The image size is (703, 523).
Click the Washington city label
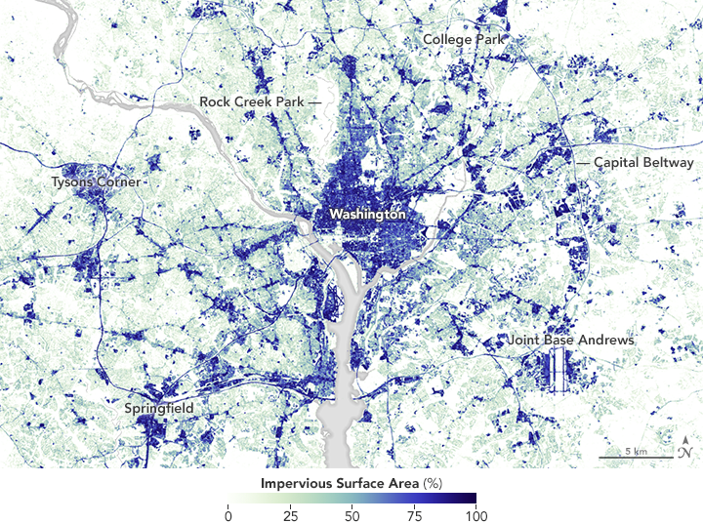[367, 213]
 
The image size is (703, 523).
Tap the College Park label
[463, 39]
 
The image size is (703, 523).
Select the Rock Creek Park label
[252, 101]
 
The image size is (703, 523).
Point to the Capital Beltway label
[643, 163]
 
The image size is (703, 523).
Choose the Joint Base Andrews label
[571, 341]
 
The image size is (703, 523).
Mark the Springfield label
[159, 407]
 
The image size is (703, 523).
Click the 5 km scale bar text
[636, 451]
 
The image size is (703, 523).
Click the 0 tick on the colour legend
[227, 514]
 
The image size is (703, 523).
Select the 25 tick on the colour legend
[289, 514]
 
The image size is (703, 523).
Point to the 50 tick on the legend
[351, 514]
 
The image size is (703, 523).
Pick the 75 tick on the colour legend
[413, 514]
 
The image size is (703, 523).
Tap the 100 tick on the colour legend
[475, 514]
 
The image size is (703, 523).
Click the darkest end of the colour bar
[473, 499]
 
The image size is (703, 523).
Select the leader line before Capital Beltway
[582, 163]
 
